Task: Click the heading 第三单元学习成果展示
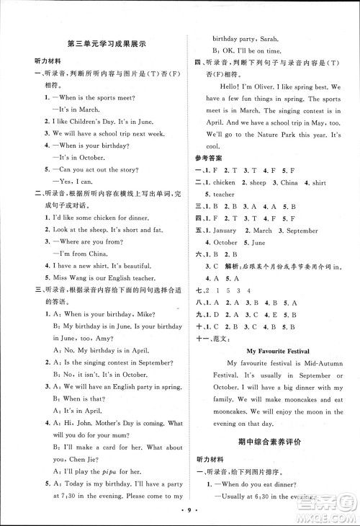click(106, 44)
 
